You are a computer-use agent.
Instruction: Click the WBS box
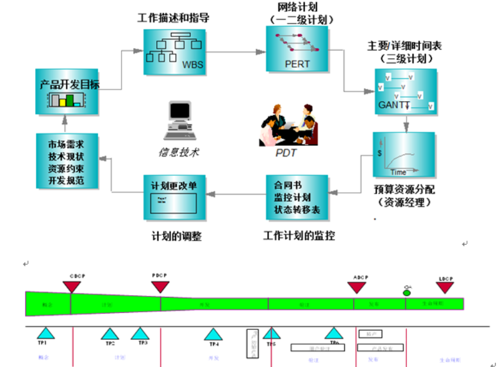coord(175,51)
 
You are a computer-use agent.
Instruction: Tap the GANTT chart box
coord(406,91)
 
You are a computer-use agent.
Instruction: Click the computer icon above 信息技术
coord(179,121)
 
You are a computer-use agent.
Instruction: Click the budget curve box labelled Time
coord(403,155)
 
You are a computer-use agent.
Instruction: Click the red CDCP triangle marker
coord(72,286)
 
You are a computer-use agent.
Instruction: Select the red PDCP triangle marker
coord(160,286)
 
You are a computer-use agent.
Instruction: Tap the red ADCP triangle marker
coord(356,288)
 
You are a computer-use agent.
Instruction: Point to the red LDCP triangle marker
coord(445,288)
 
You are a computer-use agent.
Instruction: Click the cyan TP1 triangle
coord(46,333)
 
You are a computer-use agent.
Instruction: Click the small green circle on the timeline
coord(406,292)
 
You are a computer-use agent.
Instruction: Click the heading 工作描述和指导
coord(173,18)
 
